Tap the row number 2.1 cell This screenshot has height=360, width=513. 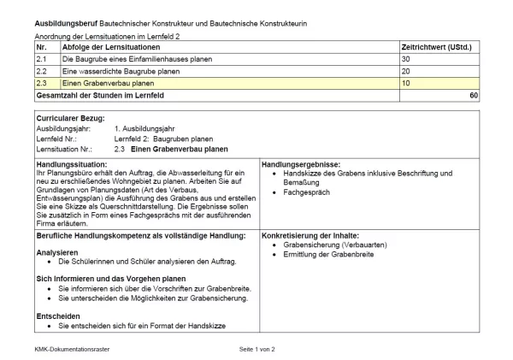43,59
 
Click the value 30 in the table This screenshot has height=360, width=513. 408,59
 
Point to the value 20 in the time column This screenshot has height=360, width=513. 408,71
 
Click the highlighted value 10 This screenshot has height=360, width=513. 408,83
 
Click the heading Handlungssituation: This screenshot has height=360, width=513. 72,163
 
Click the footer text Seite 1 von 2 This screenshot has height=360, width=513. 256,349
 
